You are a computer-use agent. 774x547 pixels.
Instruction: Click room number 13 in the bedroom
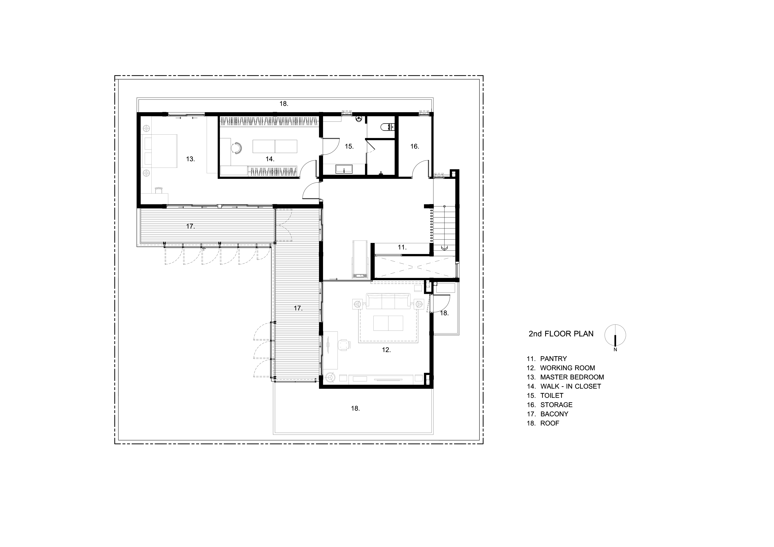pyautogui.click(x=190, y=159)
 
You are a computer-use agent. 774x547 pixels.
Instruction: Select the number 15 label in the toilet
pyautogui.click(x=349, y=146)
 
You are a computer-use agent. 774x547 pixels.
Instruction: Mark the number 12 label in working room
pyautogui.click(x=386, y=350)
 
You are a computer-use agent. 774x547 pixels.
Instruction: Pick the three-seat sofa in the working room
pyautogui.click(x=388, y=301)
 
